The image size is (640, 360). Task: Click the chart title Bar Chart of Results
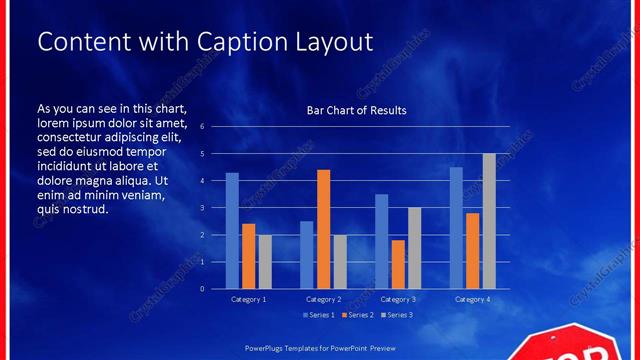[356, 110]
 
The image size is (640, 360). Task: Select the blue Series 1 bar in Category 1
[232, 231]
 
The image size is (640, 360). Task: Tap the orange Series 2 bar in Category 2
[323, 229]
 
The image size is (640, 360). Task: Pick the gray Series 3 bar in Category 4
[489, 221]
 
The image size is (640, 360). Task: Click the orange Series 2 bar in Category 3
[398, 264]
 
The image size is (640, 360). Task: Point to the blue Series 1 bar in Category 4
[456, 228]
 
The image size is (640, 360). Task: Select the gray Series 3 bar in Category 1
[265, 262]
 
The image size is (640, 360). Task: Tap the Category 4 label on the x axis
[472, 300]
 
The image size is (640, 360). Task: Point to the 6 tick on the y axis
[202, 127]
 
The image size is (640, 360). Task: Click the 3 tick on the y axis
[202, 208]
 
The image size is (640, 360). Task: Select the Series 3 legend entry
[397, 316]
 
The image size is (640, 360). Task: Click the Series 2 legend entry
[359, 316]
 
